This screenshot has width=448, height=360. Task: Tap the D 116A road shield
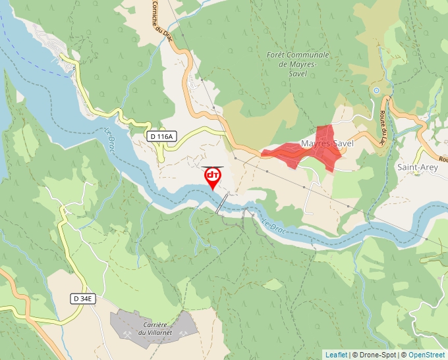coord(161,136)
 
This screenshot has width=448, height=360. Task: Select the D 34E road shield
coord(84,299)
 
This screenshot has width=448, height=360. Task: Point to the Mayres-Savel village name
coord(327,143)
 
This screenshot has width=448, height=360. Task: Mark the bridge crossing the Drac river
coord(223,203)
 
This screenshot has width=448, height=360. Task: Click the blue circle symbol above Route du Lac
coord(376,90)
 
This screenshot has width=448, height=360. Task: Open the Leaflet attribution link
coord(336,355)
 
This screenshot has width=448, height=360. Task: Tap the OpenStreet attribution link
coord(428,355)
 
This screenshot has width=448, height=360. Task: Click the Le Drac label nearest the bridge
coord(273,225)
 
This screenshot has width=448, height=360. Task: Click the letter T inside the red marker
coord(215,175)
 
